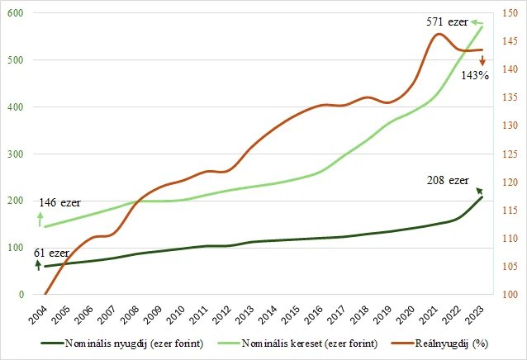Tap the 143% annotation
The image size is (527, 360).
[x=475, y=75]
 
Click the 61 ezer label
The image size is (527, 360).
[x=51, y=252]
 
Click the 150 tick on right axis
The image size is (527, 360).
[x=509, y=14]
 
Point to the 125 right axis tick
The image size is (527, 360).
[x=509, y=154]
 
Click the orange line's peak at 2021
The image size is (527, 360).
[x=439, y=33]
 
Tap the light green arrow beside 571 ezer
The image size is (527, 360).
[x=478, y=20]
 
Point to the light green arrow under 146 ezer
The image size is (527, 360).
[x=38, y=218]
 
